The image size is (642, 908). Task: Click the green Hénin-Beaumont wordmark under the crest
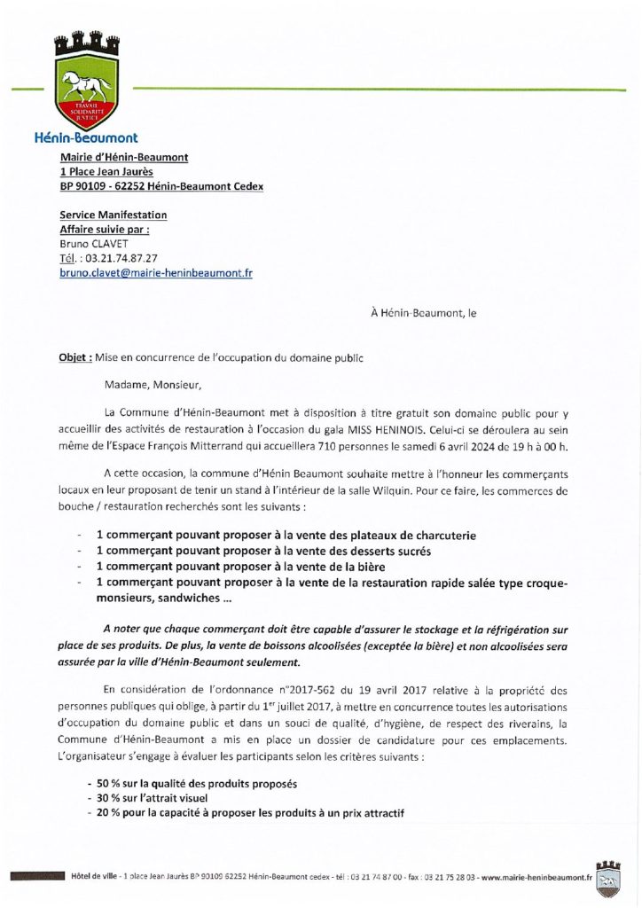pyautogui.click(x=85, y=138)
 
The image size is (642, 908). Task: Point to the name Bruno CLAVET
pyautogui.click(x=93, y=243)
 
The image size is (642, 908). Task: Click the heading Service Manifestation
pyautogui.click(x=113, y=215)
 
